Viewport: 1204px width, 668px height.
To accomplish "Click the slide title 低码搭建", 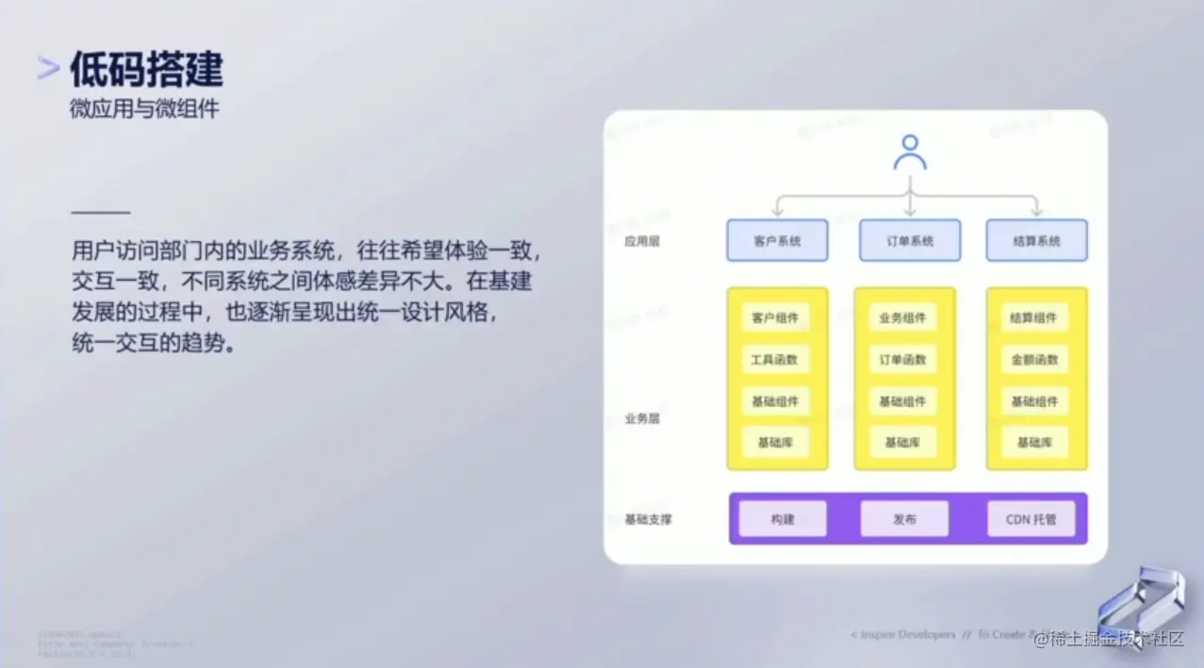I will [x=146, y=71].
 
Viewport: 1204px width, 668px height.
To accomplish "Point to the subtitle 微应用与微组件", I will [x=144, y=108].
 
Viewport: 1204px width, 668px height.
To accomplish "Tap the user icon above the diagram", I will [x=909, y=153].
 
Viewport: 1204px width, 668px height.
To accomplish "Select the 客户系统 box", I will [x=777, y=240].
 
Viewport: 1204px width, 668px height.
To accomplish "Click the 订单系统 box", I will [x=910, y=240].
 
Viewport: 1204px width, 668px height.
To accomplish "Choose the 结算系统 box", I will [x=1036, y=240].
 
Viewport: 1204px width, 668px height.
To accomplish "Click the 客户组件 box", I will [x=775, y=318].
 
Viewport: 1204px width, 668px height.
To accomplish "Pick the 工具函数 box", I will [x=775, y=359].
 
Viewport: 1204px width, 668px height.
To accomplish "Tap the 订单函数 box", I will [x=903, y=359].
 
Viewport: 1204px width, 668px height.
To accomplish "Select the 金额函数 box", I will [x=1034, y=359].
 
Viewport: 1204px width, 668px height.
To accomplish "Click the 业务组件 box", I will [x=903, y=318].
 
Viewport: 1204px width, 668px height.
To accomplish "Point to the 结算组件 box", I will [x=1034, y=318].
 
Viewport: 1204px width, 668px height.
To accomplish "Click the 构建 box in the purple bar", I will [x=783, y=519].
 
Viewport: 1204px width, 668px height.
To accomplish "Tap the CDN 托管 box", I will [x=1031, y=519].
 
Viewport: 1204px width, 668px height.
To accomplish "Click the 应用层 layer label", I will [x=642, y=241].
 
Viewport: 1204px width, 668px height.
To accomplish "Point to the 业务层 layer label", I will [x=642, y=418].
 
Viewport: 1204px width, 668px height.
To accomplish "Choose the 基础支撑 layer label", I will [x=649, y=519].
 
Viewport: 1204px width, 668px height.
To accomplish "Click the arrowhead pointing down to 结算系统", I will [x=1035, y=210].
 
